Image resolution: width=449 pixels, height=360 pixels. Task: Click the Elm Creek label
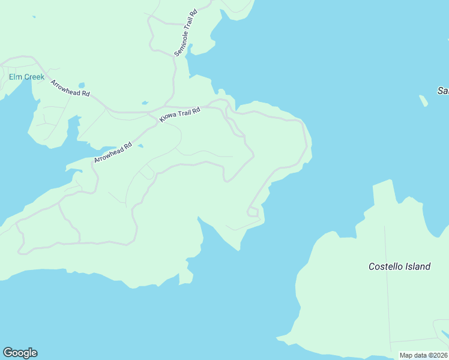[26, 77]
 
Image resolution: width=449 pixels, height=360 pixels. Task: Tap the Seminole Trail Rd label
[185, 33]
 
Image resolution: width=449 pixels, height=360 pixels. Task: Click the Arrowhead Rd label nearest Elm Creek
[70, 89]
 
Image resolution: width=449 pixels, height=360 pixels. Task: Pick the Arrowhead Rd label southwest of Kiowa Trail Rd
[112, 153]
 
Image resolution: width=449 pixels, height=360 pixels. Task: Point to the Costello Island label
[399, 266]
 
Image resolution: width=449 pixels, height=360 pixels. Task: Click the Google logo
[20, 353]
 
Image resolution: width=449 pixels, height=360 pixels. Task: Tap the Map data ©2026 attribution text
[423, 355]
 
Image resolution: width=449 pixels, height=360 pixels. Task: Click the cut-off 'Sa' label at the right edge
[443, 91]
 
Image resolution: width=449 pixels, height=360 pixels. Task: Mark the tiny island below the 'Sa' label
[424, 101]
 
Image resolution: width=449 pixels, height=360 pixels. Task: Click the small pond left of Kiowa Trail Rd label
[144, 103]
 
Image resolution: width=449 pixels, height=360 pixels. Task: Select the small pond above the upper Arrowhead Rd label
[82, 85]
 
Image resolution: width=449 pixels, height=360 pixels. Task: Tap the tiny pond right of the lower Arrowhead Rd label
[140, 146]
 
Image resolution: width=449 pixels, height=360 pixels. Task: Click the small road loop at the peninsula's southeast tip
[253, 212]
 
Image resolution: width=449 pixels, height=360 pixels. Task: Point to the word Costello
[387, 266]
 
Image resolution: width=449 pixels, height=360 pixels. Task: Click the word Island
[419, 266]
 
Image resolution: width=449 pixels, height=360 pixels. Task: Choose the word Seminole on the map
[182, 40]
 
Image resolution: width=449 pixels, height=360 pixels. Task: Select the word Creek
[34, 77]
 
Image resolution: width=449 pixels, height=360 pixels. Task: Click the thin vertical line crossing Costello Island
[387, 288]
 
